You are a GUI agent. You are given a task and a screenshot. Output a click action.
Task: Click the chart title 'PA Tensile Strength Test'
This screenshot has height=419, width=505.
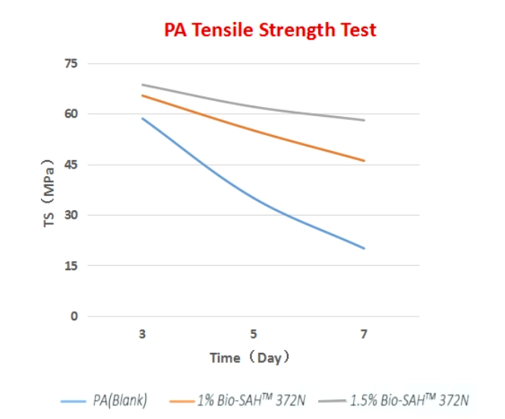click(270, 30)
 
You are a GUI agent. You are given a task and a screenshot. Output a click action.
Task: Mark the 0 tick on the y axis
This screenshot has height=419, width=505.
click(74, 316)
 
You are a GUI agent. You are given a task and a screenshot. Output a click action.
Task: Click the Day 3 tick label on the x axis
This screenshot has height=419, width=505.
click(142, 334)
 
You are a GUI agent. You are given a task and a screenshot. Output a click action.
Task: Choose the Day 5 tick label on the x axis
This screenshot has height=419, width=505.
click(254, 334)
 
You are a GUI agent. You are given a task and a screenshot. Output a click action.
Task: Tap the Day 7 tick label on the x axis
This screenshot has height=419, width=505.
click(365, 334)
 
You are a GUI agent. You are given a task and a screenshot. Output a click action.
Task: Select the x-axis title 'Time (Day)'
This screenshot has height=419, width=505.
click(251, 357)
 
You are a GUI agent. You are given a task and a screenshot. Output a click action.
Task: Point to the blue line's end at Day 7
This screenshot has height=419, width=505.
click(365, 248)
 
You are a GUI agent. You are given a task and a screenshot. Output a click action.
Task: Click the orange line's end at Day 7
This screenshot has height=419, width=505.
click(365, 161)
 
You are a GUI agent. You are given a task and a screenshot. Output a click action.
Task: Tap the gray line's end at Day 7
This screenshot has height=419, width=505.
click(365, 120)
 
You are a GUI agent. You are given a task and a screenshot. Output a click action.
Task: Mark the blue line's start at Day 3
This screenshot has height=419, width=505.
click(142, 118)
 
